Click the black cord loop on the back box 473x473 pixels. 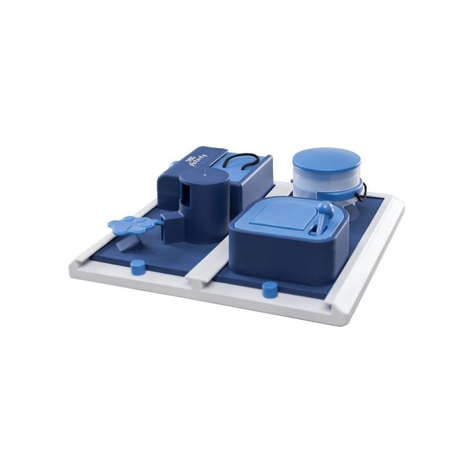pos(236,161)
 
